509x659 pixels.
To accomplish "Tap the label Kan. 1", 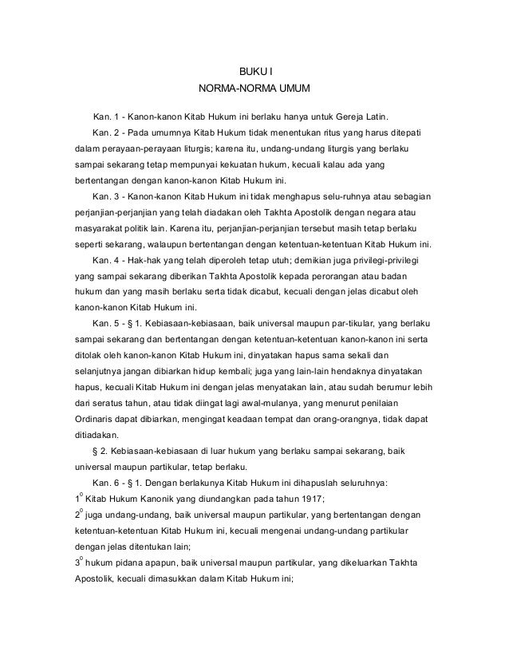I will click(x=108, y=110).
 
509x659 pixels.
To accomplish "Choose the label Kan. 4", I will click(x=108, y=260).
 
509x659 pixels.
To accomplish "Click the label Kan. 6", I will click(x=108, y=483).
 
